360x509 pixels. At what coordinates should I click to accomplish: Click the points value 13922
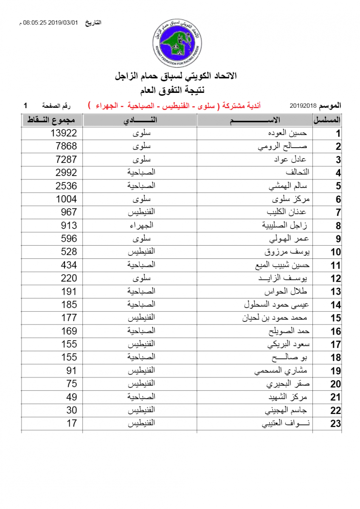click(x=64, y=133)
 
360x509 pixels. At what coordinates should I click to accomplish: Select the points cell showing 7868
click(x=66, y=146)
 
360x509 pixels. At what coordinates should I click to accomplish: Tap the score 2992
click(x=66, y=173)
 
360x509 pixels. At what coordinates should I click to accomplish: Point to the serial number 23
click(x=335, y=423)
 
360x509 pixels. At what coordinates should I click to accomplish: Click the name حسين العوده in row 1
click(x=292, y=133)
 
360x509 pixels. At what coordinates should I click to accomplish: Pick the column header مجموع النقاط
click(x=51, y=120)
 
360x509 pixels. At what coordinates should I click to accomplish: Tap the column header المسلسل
click(x=327, y=120)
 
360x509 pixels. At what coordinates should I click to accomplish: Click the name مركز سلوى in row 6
click(x=290, y=199)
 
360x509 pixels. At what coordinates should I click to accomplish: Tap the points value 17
click(x=71, y=423)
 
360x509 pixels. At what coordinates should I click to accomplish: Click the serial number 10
click(x=335, y=252)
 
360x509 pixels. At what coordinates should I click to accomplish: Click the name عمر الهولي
click(x=290, y=238)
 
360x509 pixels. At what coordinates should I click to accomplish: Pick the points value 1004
click(x=66, y=199)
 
